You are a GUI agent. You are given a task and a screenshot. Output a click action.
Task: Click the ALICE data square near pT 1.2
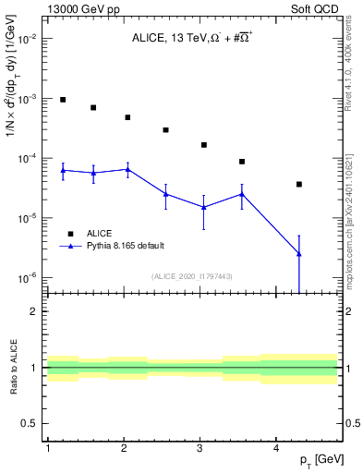[x=63, y=100]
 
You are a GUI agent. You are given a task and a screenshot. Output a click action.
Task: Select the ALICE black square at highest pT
[x=299, y=184]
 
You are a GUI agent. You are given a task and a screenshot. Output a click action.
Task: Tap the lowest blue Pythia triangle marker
[x=299, y=253]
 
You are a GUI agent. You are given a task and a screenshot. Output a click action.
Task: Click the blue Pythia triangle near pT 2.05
[x=127, y=169]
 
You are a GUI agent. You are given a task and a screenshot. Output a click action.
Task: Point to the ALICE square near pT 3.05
[x=203, y=145]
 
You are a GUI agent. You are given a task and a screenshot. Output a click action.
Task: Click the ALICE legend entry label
[x=100, y=234]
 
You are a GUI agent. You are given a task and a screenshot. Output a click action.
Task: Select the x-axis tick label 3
[x=200, y=448]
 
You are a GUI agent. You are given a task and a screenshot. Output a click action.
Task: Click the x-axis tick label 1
[x=47, y=448]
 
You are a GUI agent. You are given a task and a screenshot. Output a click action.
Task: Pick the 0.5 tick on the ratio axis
[x=31, y=424]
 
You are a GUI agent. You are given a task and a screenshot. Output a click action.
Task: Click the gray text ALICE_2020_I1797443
[x=190, y=275]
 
